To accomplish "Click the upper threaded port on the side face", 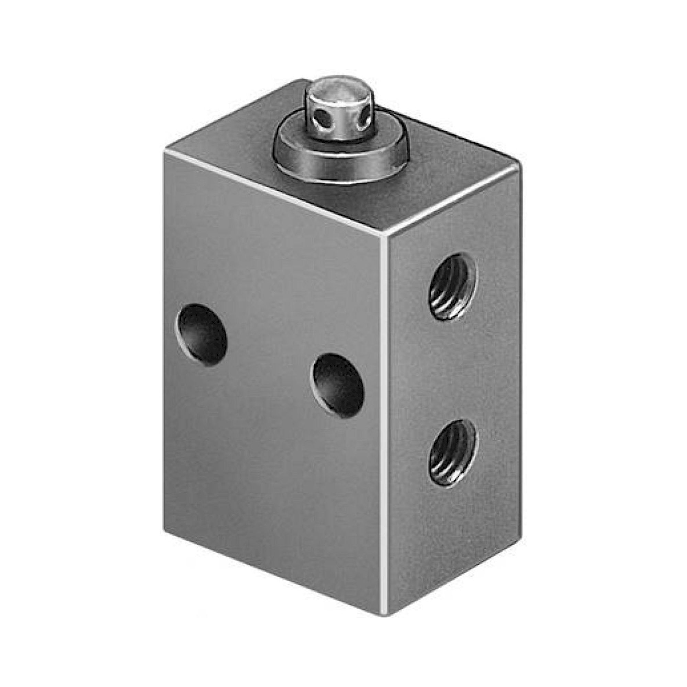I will tap(452, 286).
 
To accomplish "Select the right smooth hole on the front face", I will tap(337, 385).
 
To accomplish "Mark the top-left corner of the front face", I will tap(165, 152).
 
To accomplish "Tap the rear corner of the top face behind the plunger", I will tap(302, 80).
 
